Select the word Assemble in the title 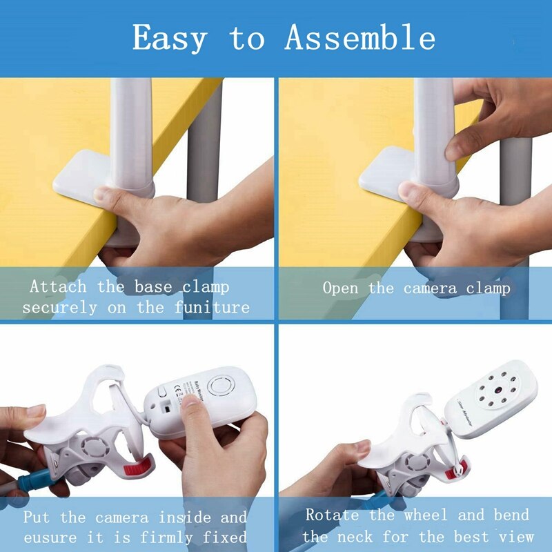359,38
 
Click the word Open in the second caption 341,288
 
